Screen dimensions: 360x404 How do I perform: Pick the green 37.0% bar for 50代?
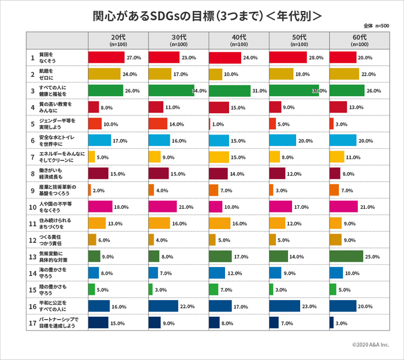pos(294,91)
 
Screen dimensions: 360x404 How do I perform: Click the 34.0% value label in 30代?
pos(199,91)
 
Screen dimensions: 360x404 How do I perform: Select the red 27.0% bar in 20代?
pos(106,58)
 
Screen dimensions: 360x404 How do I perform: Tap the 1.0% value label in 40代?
pos(218,124)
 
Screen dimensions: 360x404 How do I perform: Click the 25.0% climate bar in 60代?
pos(346,256)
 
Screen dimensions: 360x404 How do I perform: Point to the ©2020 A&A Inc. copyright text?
pos(371,344)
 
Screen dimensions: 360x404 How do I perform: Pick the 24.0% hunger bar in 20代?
pos(104,74)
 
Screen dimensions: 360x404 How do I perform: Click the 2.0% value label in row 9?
pos(99,190)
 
